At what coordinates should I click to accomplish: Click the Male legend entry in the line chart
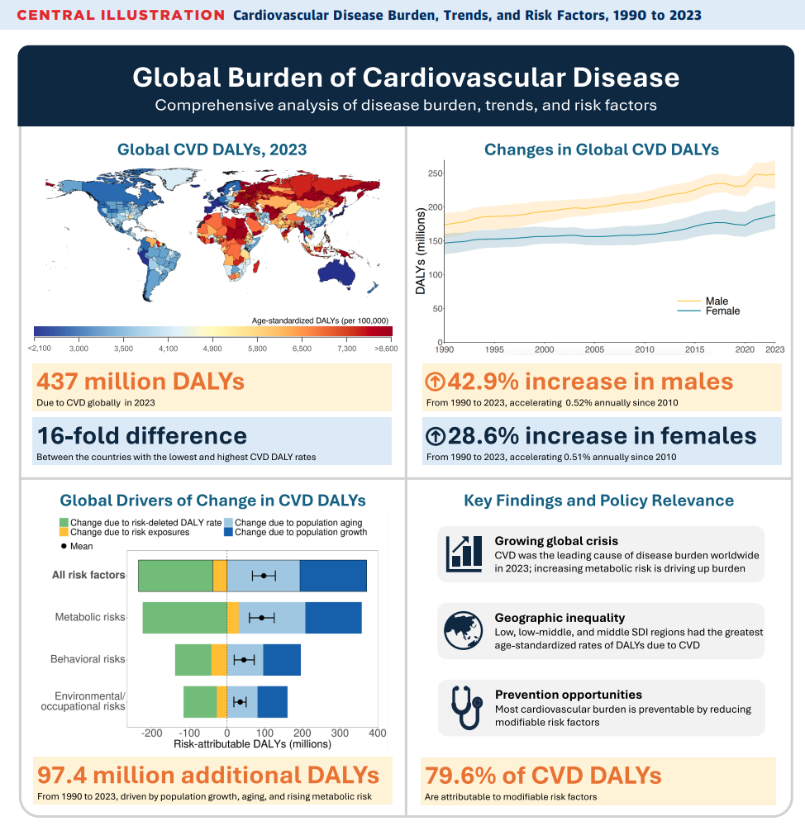click(x=717, y=301)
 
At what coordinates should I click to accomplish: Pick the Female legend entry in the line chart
click(x=722, y=311)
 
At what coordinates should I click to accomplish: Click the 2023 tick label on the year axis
click(x=774, y=350)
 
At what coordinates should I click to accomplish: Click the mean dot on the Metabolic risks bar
click(x=262, y=617)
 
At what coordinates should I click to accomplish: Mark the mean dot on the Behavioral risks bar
click(x=244, y=659)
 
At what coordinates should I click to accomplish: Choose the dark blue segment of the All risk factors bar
click(x=333, y=575)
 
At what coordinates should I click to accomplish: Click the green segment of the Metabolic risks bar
click(x=184, y=617)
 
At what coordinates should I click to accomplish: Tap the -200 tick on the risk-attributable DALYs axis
click(x=151, y=733)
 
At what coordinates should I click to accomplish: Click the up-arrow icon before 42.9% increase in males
click(x=435, y=382)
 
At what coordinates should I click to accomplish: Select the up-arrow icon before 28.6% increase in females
click(x=435, y=435)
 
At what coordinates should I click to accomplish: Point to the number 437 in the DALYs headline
click(x=64, y=382)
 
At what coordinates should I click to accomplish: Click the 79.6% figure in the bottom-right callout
click(x=460, y=776)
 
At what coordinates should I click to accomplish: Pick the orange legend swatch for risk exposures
click(x=64, y=533)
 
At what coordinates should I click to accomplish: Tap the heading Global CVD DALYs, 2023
click(x=212, y=150)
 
